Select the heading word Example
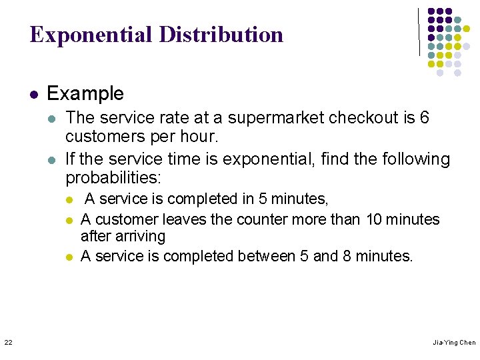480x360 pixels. coord(85,93)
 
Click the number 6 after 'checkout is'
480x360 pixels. coord(425,119)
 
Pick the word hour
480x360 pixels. coord(200,137)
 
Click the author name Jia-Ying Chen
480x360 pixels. coord(454,343)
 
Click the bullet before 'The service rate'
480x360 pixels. coord(53,119)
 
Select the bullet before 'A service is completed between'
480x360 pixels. coord(68,257)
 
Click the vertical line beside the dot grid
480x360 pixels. coord(419,31)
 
